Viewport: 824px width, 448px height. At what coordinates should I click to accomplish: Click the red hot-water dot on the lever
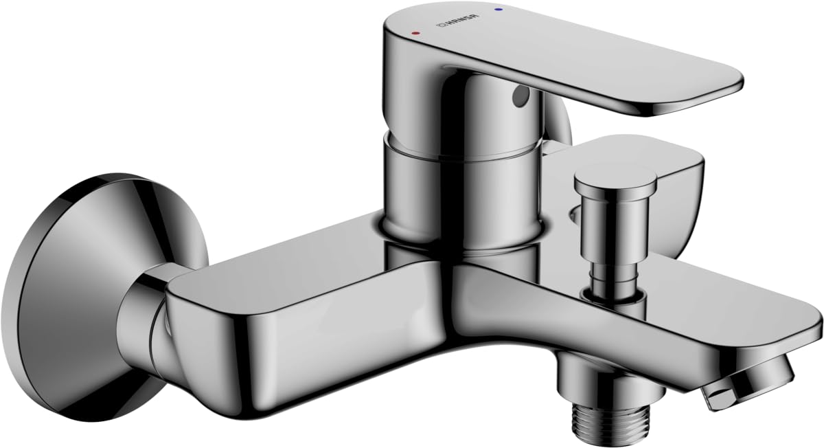(x=416, y=33)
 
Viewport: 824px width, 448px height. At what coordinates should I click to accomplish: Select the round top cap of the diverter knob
(x=615, y=181)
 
